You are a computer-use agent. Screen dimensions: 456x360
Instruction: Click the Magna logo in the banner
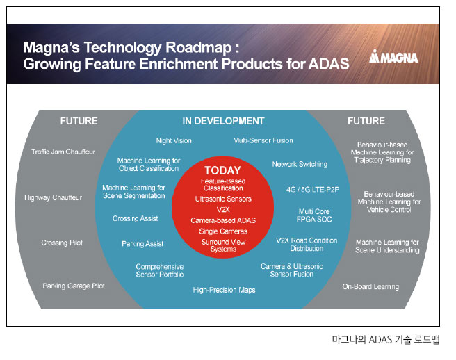(393, 56)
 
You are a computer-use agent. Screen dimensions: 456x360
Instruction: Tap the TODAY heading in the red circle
(222, 170)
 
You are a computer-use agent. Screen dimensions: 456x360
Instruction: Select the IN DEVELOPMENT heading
(223, 121)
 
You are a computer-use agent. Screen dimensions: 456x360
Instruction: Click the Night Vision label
(174, 141)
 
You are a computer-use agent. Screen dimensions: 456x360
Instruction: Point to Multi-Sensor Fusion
(263, 140)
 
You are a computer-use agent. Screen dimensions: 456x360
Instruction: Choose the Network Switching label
(300, 164)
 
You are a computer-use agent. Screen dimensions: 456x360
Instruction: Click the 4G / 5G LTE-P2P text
(313, 190)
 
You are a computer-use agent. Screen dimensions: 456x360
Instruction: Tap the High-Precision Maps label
(224, 290)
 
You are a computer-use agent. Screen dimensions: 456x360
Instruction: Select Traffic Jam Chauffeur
(63, 152)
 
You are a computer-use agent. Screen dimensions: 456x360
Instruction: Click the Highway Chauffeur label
(54, 198)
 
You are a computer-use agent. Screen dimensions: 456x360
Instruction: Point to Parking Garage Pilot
(74, 286)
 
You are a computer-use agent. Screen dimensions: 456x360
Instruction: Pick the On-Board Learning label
(370, 287)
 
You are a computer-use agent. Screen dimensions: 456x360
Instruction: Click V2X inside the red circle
(223, 210)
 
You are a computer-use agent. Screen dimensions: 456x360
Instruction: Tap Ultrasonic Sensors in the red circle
(223, 199)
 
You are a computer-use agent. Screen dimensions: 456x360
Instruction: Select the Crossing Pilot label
(62, 243)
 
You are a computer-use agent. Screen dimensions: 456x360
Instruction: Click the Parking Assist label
(142, 244)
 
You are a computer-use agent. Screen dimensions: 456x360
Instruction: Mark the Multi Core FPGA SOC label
(314, 215)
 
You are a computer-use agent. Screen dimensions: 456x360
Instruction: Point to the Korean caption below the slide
(386, 340)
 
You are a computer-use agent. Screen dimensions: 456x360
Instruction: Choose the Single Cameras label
(223, 231)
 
